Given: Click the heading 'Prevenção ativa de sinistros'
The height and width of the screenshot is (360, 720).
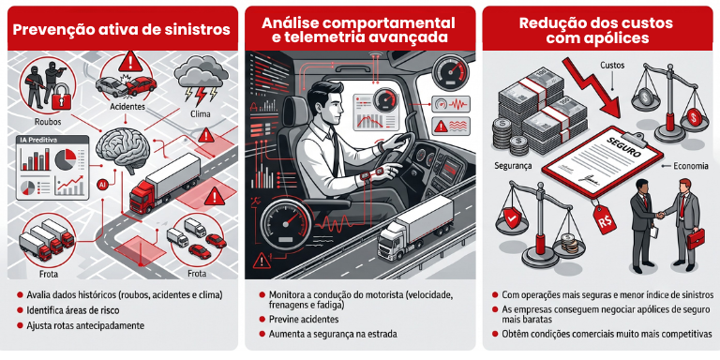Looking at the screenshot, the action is click(x=121, y=30).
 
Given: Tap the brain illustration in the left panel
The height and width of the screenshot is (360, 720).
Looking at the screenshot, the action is click(x=121, y=147).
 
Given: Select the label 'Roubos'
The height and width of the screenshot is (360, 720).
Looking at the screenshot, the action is click(x=48, y=123).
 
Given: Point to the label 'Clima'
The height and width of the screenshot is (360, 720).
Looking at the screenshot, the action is click(x=201, y=112).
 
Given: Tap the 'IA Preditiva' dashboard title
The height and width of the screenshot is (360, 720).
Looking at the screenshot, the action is click(x=37, y=140).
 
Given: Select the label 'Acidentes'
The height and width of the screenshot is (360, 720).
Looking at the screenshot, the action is click(x=127, y=107).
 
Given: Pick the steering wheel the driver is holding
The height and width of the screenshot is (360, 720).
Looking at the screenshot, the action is click(x=403, y=152).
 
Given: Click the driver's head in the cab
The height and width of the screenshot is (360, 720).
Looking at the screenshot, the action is click(x=325, y=104).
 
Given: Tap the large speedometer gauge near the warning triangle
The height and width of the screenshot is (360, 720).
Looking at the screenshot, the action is click(x=284, y=220).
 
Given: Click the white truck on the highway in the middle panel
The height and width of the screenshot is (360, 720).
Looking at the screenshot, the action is click(x=414, y=227).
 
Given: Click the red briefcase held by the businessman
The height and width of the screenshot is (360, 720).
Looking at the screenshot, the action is click(x=695, y=238).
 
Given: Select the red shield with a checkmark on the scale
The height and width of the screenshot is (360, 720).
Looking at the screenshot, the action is click(x=512, y=217).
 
